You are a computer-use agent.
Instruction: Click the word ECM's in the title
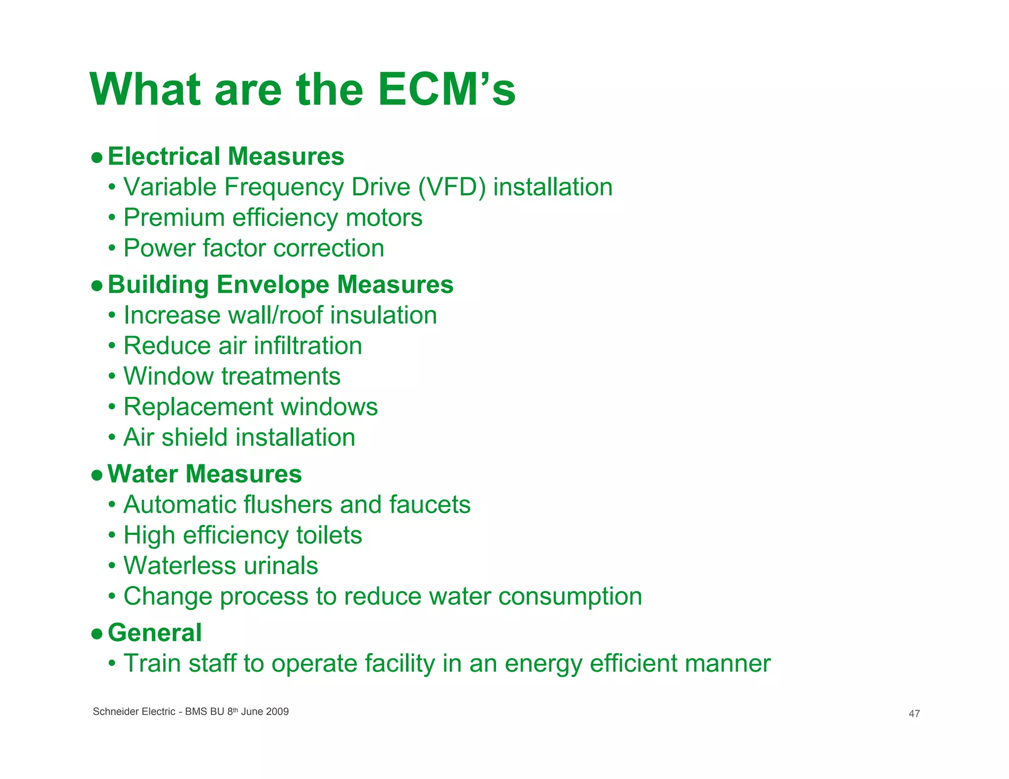pos(446,90)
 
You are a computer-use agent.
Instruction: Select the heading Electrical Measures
pos(226,157)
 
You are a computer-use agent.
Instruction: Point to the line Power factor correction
pos(254,248)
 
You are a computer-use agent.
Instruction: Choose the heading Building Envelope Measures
pos(280,285)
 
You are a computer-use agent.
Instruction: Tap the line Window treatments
pos(232,376)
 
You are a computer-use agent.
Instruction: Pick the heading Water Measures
pos(204,474)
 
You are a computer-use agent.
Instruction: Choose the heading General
pos(155,633)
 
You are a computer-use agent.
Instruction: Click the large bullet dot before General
pos(97,634)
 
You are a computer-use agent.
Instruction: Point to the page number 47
pos(914,714)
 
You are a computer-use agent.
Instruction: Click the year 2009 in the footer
pos(277,712)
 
